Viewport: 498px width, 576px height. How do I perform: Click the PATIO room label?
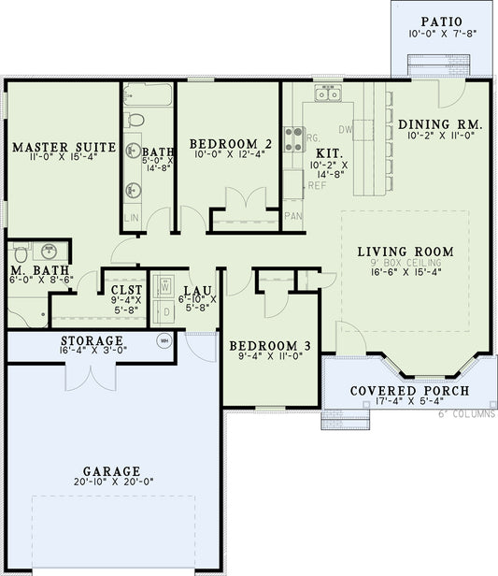click(441, 21)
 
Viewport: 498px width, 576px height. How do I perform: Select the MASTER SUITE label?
click(64, 147)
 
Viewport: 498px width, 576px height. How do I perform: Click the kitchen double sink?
click(327, 94)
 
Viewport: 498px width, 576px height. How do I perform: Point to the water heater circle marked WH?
click(166, 340)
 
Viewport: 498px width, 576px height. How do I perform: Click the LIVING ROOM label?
click(405, 252)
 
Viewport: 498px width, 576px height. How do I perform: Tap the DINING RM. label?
click(440, 123)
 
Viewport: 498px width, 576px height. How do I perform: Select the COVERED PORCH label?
click(409, 390)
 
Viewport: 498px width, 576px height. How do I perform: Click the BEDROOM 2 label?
click(231, 143)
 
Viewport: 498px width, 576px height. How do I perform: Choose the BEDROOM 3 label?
click(271, 345)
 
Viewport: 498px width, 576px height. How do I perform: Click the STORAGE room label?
click(92, 339)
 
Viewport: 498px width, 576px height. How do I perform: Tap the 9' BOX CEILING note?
click(405, 264)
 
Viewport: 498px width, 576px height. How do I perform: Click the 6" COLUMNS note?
click(467, 414)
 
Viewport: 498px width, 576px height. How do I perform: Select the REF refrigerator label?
click(317, 185)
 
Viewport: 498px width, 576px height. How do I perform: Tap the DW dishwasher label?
click(345, 129)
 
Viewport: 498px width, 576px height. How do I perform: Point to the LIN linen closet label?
click(130, 216)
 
